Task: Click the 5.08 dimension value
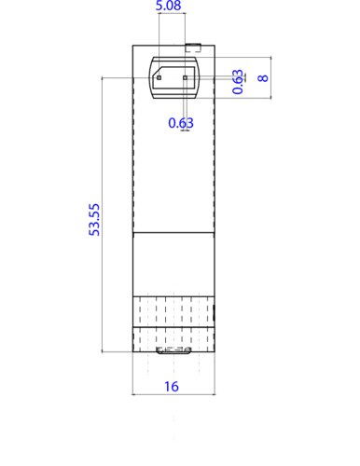[169, 7]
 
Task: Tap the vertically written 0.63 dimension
[239, 82]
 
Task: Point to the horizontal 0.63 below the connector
[181, 122]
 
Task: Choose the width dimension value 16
[173, 385]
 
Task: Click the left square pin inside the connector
[159, 78]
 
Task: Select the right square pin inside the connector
[186, 78]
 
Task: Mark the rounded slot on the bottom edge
[173, 351]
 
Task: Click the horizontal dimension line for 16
[173, 395]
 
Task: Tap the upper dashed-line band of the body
[173, 311]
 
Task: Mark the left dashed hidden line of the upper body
[136, 140]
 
